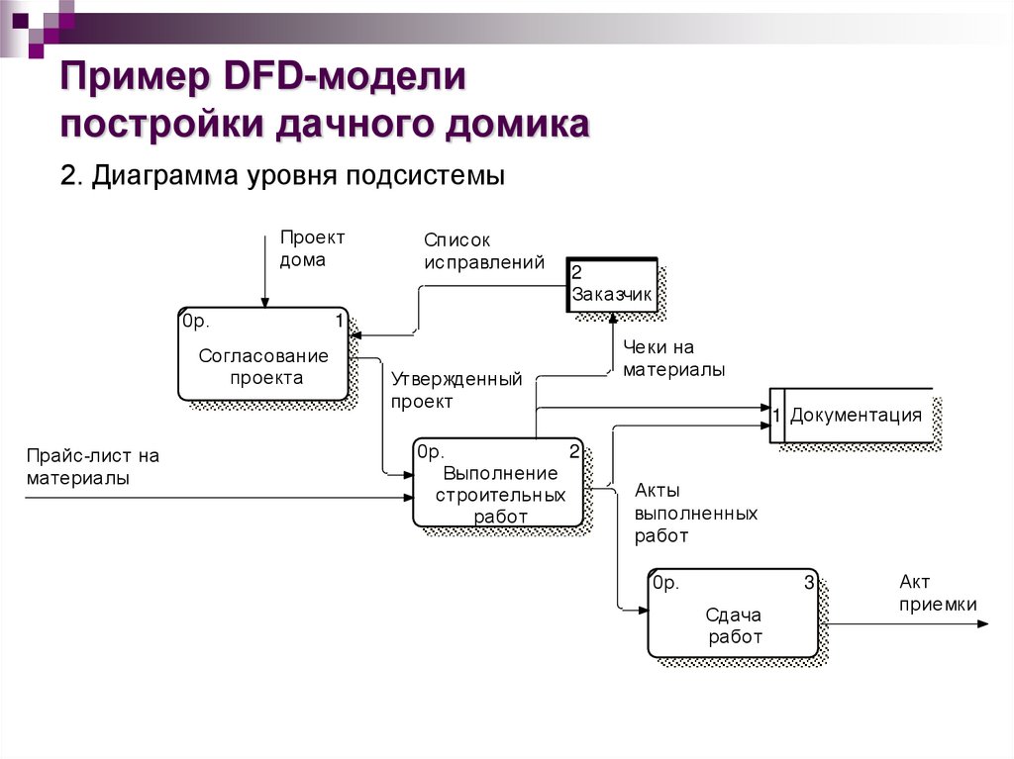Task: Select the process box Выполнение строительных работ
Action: point(498,484)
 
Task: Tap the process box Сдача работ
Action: point(734,614)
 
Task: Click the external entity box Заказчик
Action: point(612,285)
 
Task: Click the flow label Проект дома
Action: point(312,248)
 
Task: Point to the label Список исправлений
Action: point(484,251)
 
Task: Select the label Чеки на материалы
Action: point(673,358)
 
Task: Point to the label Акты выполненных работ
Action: point(695,513)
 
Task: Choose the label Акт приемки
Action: point(937,594)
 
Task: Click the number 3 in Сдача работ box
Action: point(808,584)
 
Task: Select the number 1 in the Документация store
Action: point(777,416)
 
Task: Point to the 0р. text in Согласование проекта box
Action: point(195,321)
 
